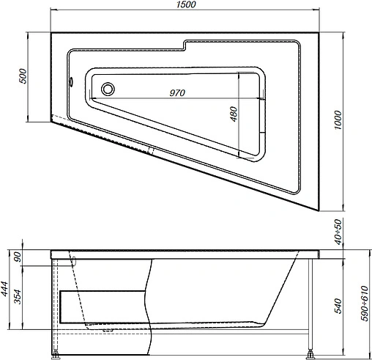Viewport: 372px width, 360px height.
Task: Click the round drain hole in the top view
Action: coord(108,89)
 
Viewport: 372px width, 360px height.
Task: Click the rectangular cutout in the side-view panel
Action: coord(103,306)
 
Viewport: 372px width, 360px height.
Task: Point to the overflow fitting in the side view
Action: coord(75,259)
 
